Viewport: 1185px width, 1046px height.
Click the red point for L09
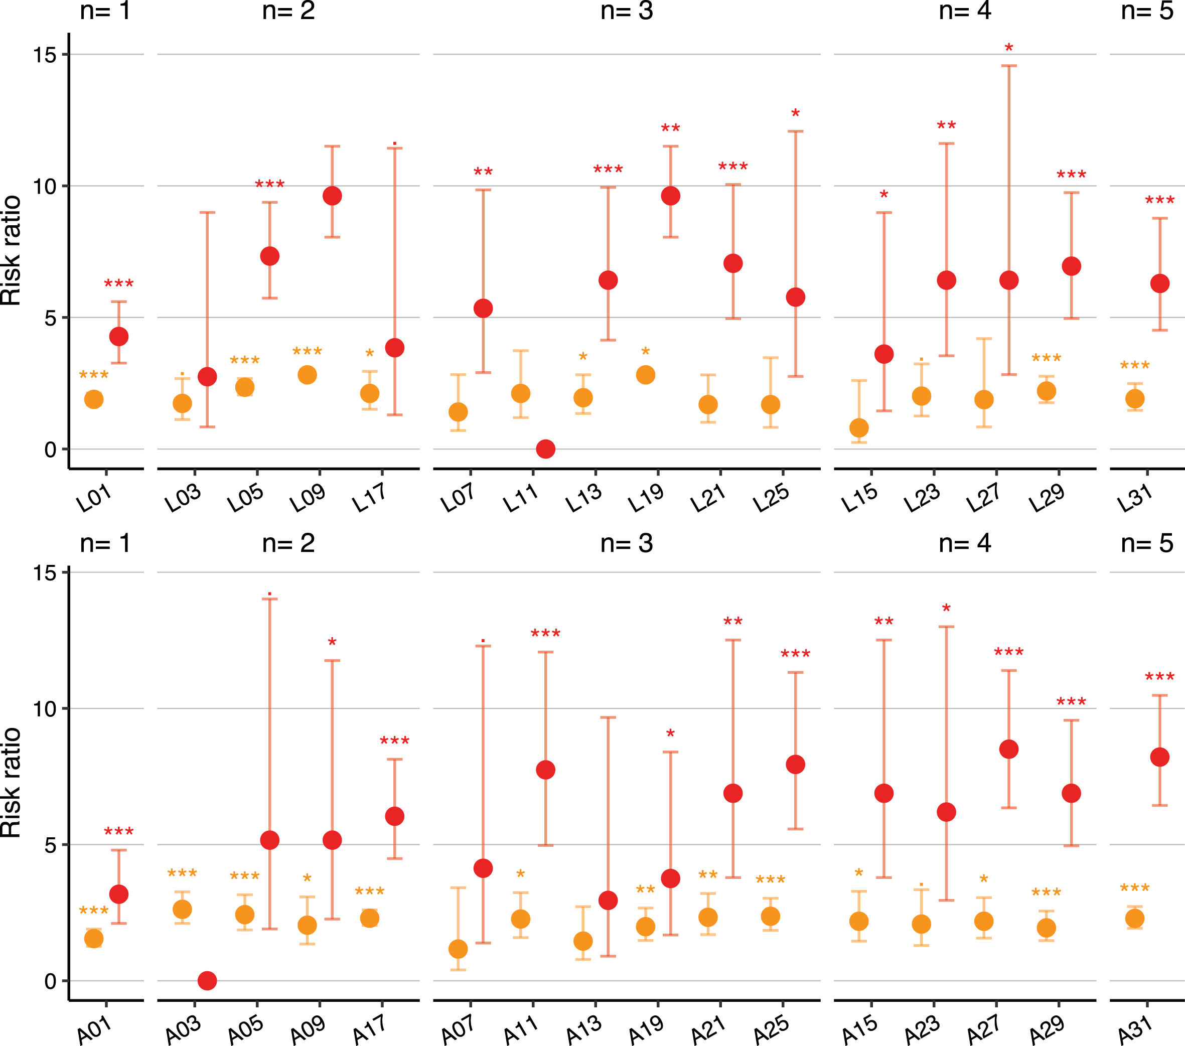(332, 196)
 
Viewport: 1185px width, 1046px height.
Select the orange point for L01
(94, 399)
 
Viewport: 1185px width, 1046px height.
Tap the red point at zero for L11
(545, 449)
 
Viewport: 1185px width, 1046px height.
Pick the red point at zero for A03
(207, 980)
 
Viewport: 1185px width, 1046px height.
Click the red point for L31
(1159, 283)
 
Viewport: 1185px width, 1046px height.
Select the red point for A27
(1009, 749)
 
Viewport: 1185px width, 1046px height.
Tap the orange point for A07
(458, 949)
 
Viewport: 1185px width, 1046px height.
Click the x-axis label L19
(646, 498)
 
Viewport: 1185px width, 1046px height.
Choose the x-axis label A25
(771, 1029)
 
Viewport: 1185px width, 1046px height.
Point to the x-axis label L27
(983, 498)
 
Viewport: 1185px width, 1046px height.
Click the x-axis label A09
(307, 1029)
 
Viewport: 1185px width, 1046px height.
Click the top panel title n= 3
(627, 11)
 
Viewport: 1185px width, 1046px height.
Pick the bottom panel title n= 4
(965, 543)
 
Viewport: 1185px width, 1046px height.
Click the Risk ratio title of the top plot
(11, 250)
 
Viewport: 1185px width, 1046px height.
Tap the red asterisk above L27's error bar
(1009, 48)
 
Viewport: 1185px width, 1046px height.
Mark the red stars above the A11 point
(545, 633)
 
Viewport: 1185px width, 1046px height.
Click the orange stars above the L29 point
(1047, 358)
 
